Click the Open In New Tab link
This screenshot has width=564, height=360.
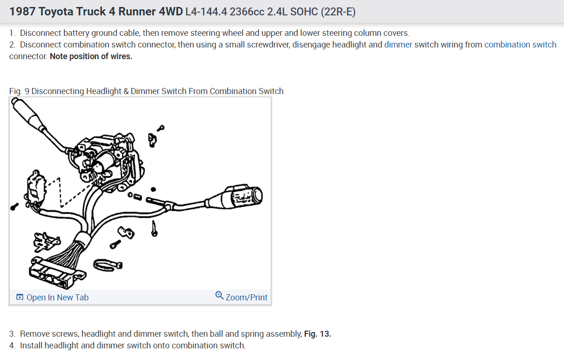tap(53, 298)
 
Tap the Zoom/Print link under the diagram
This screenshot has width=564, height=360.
tap(242, 297)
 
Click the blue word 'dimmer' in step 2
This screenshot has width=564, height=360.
tap(398, 45)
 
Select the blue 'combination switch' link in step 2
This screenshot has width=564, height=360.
tap(520, 45)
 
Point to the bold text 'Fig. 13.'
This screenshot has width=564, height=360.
tap(317, 334)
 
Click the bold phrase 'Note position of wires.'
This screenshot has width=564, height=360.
tap(91, 56)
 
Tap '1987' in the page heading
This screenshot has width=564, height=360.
tap(22, 12)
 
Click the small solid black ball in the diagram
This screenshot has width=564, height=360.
tap(153, 190)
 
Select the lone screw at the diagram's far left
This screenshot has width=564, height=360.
tap(14, 206)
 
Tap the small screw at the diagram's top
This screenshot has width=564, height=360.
tap(161, 127)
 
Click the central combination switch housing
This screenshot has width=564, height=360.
tap(109, 161)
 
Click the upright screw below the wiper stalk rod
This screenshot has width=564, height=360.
tap(154, 228)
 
